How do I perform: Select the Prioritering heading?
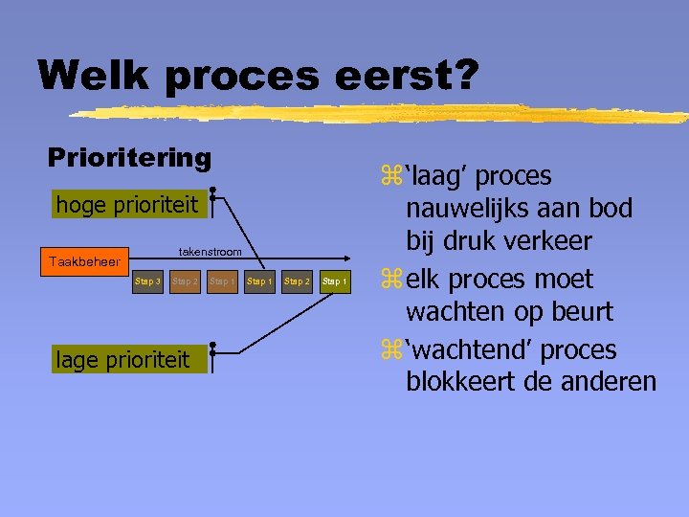click(x=129, y=157)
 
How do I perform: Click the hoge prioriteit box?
click(x=127, y=205)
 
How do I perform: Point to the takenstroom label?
click(x=211, y=251)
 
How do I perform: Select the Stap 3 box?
click(x=147, y=281)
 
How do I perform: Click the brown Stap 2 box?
click(x=185, y=281)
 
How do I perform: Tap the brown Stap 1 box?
click(x=222, y=281)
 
